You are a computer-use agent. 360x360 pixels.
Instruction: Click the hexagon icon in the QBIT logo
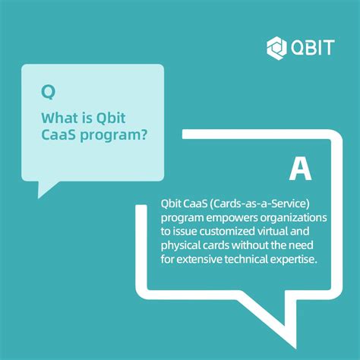[x=276, y=47]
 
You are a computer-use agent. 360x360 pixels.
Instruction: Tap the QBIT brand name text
[x=311, y=47]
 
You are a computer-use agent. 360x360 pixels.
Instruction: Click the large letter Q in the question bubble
[x=48, y=93]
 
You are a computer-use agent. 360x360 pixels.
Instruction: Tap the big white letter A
[x=300, y=169]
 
